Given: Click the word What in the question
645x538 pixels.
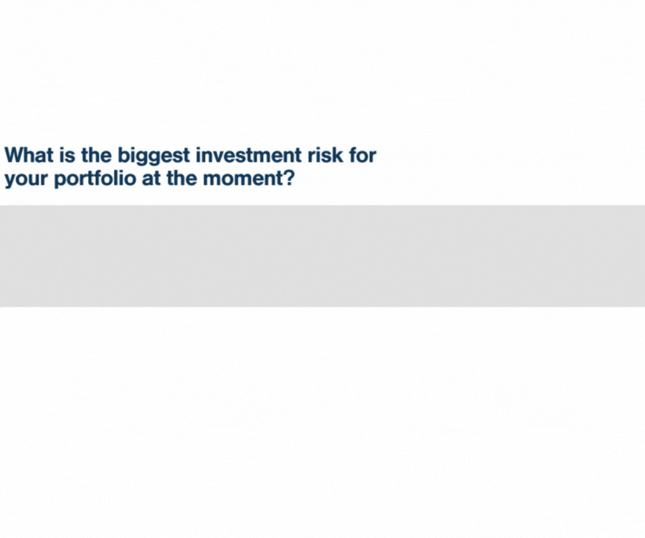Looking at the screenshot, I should pos(27,155).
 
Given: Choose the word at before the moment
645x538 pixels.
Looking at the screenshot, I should pos(152,178).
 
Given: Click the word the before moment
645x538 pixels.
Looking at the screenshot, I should pos(181,178).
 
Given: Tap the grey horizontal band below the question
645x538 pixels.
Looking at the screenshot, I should pos(322,256).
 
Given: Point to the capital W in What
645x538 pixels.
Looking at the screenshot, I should pos(13,155).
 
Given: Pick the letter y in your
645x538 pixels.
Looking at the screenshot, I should pos(9,181).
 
